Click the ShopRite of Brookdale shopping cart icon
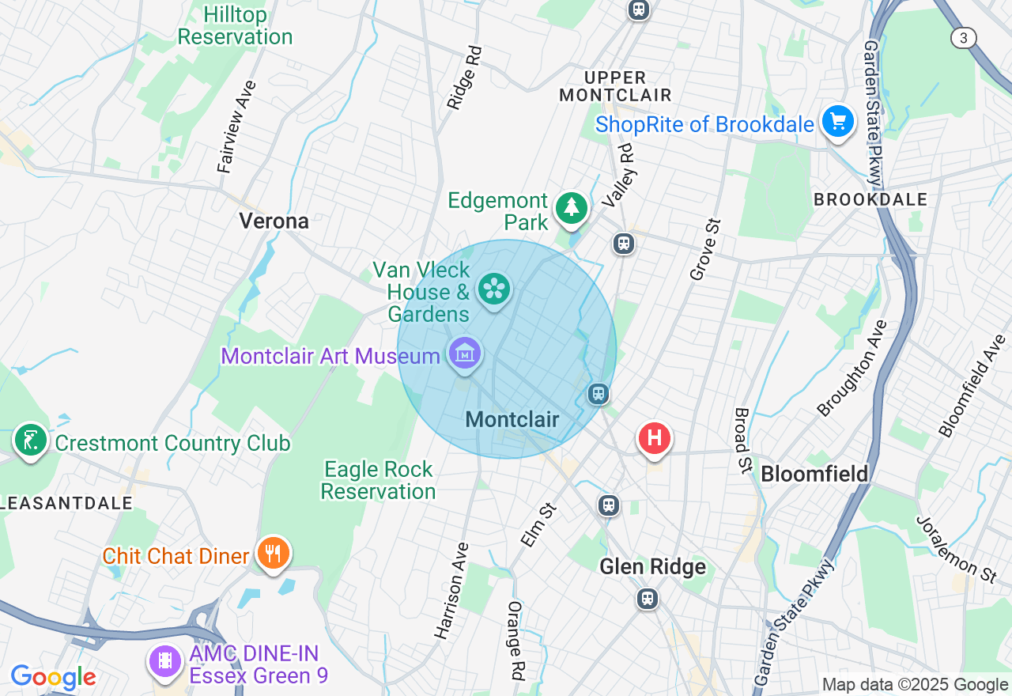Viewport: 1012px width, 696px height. [x=838, y=123]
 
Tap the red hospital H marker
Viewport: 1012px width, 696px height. [x=654, y=438]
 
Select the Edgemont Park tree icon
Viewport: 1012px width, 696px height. [x=572, y=208]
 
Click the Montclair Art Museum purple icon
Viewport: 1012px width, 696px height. [x=465, y=354]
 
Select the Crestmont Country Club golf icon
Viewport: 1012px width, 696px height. [x=30, y=441]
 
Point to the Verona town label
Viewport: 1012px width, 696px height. [x=274, y=221]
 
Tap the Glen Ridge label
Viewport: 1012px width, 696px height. [x=652, y=566]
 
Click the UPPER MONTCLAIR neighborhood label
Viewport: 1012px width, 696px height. [x=615, y=86]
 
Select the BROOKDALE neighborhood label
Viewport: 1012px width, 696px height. [x=870, y=200]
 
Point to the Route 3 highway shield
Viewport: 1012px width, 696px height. [x=964, y=37]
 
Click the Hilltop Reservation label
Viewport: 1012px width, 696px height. [x=235, y=26]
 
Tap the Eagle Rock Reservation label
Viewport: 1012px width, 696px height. [x=378, y=480]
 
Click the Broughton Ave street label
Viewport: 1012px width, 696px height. [x=854, y=368]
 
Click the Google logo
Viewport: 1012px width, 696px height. [x=53, y=677]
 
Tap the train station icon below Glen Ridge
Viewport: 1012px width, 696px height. [x=648, y=599]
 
